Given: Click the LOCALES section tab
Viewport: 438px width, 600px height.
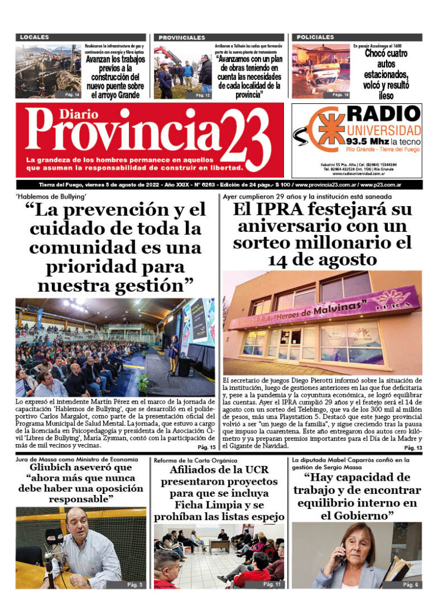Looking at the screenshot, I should point(35,38).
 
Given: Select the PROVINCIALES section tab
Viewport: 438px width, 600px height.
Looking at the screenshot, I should point(181,38).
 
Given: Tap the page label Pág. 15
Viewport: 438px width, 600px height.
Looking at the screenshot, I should point(206,447).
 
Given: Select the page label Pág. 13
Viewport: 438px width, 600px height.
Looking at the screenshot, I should point(412,448).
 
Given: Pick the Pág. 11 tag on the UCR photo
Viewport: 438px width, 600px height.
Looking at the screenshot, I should point(272,584).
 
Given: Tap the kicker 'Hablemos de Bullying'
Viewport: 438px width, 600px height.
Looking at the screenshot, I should point(46,197).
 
